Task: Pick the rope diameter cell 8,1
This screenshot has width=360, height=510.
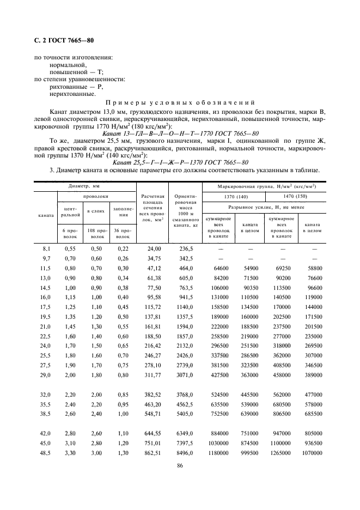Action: pyautogui.click(x=46, y=248)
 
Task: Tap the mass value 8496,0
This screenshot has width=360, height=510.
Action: pyautogui.click(x=185, y=453)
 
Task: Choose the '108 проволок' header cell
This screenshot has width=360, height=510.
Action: pyautogui.click(x=97, y=234)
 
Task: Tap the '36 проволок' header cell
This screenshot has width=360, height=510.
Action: pyautogui.click(x=123, y=234)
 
